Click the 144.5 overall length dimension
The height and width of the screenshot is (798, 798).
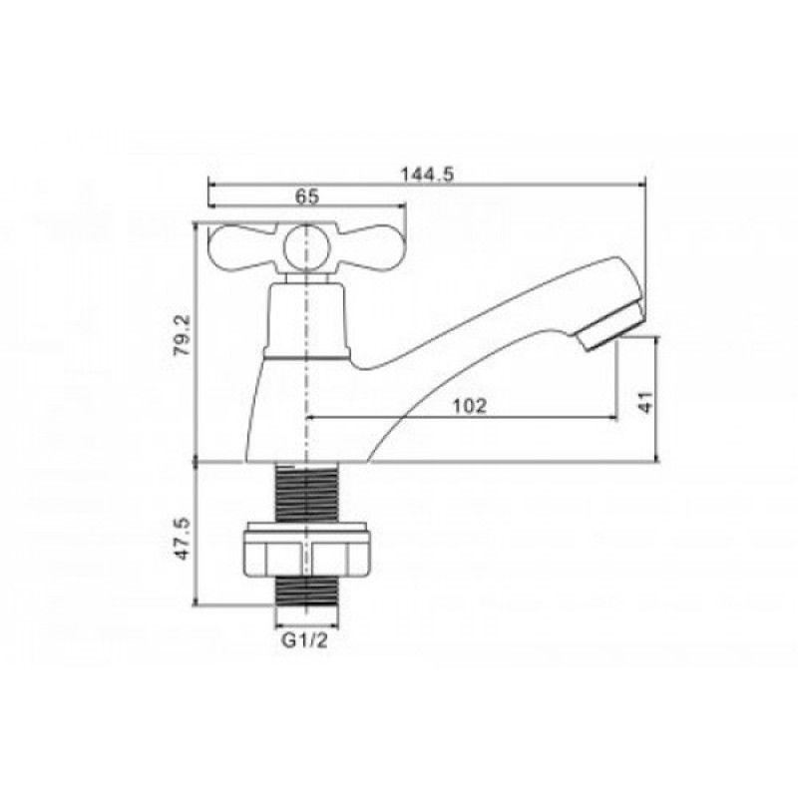click(427, 175)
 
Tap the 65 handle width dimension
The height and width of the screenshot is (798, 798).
click(307, 197)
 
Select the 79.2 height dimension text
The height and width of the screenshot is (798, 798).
click(182, 335)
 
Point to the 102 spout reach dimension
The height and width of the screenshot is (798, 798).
click(470, 406)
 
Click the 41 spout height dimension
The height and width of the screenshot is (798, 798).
click(644, 402)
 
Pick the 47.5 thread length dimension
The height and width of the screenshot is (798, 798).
click(182, 539)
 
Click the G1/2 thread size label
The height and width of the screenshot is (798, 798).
click(305, 640)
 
